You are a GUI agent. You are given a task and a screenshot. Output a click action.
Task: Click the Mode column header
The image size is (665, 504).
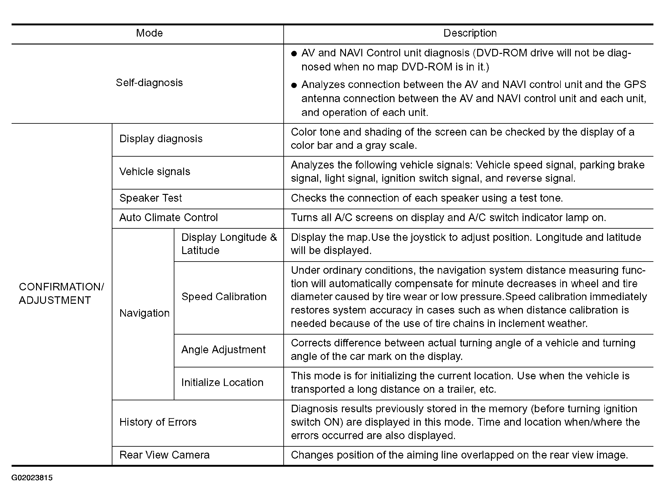click(x=149, y=33)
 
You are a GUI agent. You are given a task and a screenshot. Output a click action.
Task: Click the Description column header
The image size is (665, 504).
click(x=470, y=33)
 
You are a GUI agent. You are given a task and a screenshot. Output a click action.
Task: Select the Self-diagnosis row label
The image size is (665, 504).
click(x=149, y=83)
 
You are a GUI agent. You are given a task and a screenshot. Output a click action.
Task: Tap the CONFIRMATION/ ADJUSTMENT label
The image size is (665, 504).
click(x=61, y=294)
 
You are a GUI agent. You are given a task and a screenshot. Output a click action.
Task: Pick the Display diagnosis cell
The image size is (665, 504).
click(x=161, y=139)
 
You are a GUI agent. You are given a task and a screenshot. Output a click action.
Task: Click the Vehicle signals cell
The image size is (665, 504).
click(x=155, y=172)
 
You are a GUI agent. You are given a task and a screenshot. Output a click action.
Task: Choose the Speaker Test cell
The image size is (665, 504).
click(x=151, y=198)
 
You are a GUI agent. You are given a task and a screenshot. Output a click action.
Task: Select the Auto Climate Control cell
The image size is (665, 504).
click(x=168, y=218)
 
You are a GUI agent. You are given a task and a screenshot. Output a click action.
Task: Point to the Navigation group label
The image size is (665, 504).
click(x=144, y=313)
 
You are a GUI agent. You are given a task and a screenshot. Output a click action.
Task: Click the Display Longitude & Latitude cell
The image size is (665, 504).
click(x=229, y=244)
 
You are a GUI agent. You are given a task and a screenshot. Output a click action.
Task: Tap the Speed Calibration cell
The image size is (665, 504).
click(x=224, y=297)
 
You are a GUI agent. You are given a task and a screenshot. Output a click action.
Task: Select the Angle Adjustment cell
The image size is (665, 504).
click(x=223, y=350)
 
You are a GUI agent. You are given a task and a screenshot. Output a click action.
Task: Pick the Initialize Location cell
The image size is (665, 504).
click(x=222, y=382)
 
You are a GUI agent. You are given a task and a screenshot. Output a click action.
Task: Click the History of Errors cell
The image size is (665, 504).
click(x=158, y=422)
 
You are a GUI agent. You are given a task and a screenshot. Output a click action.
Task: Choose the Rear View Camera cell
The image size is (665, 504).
click(x=164, y=455)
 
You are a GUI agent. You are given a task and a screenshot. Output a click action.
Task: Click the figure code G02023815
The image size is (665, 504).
click(x=32, y=478)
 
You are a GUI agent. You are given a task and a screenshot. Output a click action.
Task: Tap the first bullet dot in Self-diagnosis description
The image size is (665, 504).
click(x=294, y=54)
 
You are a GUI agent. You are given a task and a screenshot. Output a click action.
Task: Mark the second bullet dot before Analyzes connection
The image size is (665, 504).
click(x=294, y=85)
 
